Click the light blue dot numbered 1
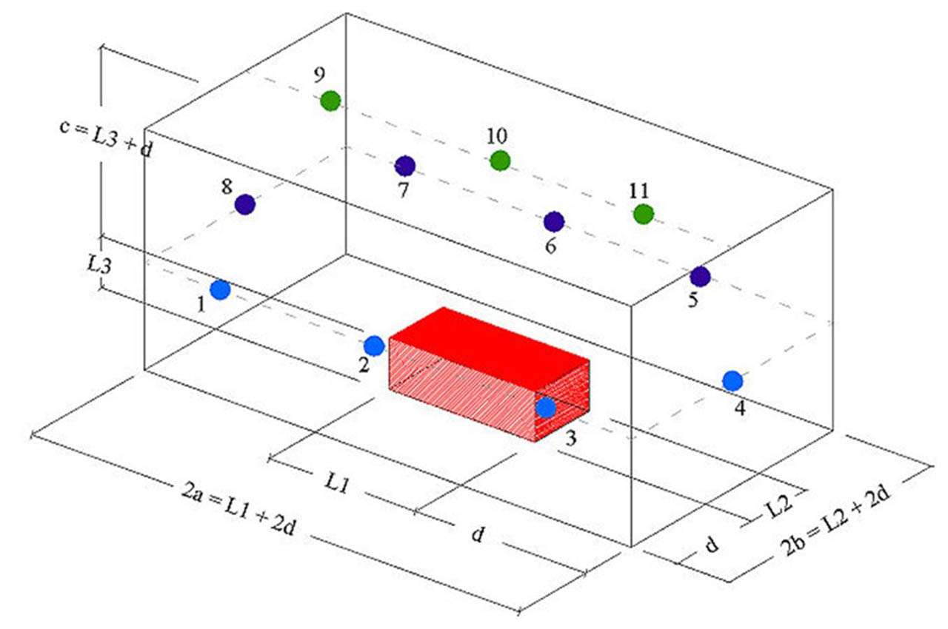point(220,290)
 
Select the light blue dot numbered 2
point(374,345)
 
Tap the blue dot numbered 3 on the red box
point(546,408)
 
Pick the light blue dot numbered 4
point(732,380)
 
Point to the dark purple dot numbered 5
point(700,277)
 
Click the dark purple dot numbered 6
point(554,221)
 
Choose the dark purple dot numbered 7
point(405,166)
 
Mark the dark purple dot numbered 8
point(245,204)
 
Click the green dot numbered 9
point(330,101)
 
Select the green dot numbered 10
point(501,160)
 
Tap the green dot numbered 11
point(644,214)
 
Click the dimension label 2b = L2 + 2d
point(844,525)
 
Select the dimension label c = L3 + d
point(107,138)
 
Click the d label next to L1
point(478,534)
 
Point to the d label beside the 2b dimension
point(711,545)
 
